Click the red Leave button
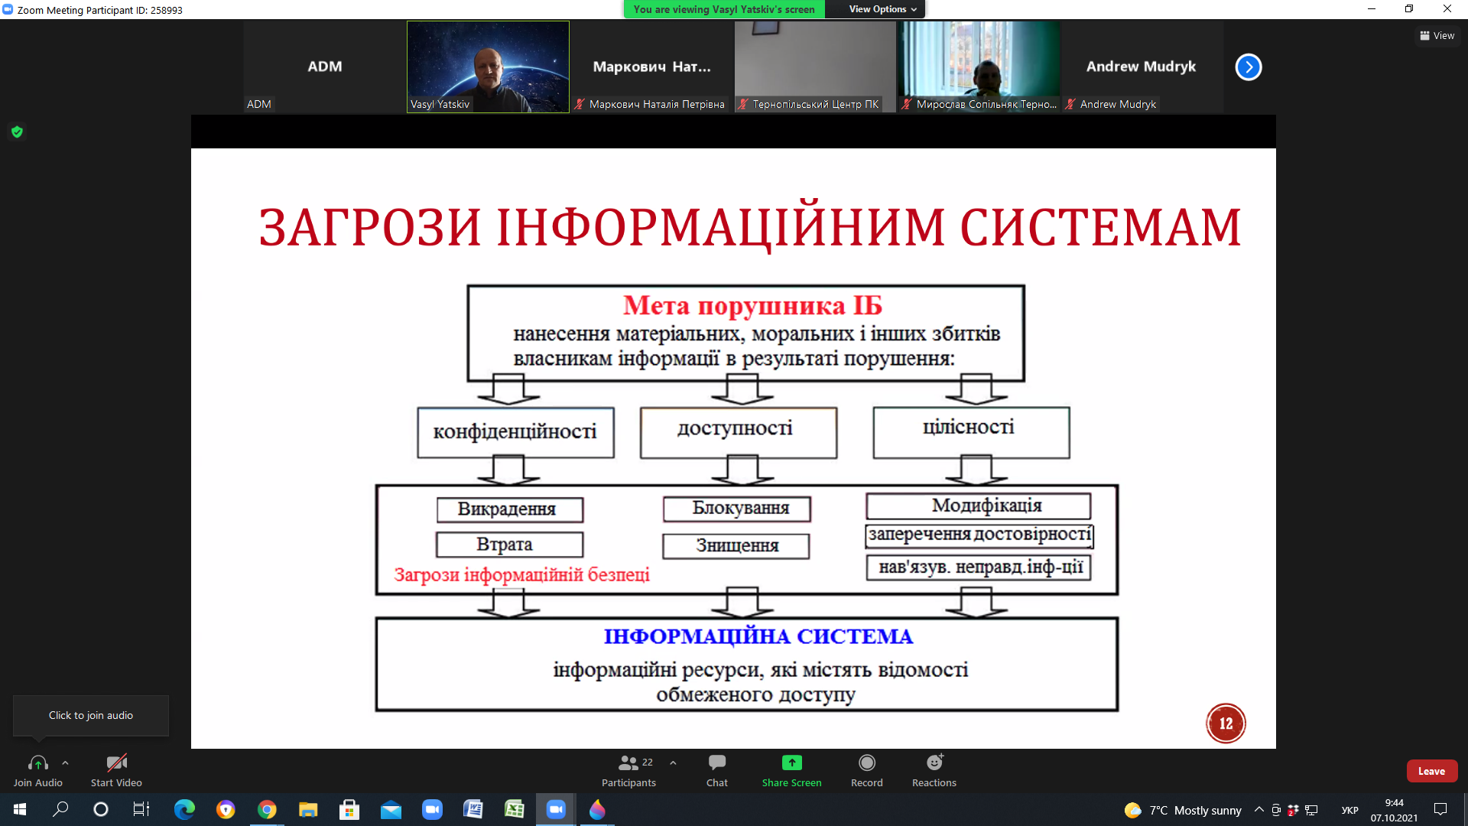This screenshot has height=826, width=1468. pyautogui.click(x=1431, y=771)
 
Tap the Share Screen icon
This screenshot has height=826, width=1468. pyautogui.click(x=791, y=763)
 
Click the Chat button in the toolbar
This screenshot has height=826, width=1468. pyautogui.click(x=716, y=770)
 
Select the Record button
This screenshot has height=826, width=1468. pyautogui.click(x=866, y=770)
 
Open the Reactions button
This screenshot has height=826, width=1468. pyautogui.click(x=934, y=770)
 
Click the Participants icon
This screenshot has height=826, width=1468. pyautogui.click(x=628, y=763)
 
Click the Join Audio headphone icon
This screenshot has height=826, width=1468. pyautogui.click(x=37, y=763)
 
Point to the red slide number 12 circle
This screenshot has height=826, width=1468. pyautogui.click(x=1226, y=724)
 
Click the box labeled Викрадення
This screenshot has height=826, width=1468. pyautogui.click(x=510, y=509)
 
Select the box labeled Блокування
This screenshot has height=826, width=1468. pyautogui.click(x=737, y=509)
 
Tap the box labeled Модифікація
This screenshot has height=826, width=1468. pyautogui.click(x=979, y=506)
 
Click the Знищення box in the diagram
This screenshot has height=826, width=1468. pyautogui.click(x=736, y=546)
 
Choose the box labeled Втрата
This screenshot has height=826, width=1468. pyautogui.click(x=510, y=545)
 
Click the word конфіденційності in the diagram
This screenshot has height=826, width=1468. pyautogui.click(x=515, y=431)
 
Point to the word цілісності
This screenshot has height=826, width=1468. pyautogui.click(x=969, y=427)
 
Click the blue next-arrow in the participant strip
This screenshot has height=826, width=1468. pyautogui.click(x=1249, y=67)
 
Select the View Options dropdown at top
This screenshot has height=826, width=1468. pyautogui.click(x=882, y=9)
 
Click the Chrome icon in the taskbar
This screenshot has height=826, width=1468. pyautogui.click(x=267, y=809)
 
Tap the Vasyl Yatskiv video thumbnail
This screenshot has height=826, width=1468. pyautogui.click(x=488, y=67)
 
